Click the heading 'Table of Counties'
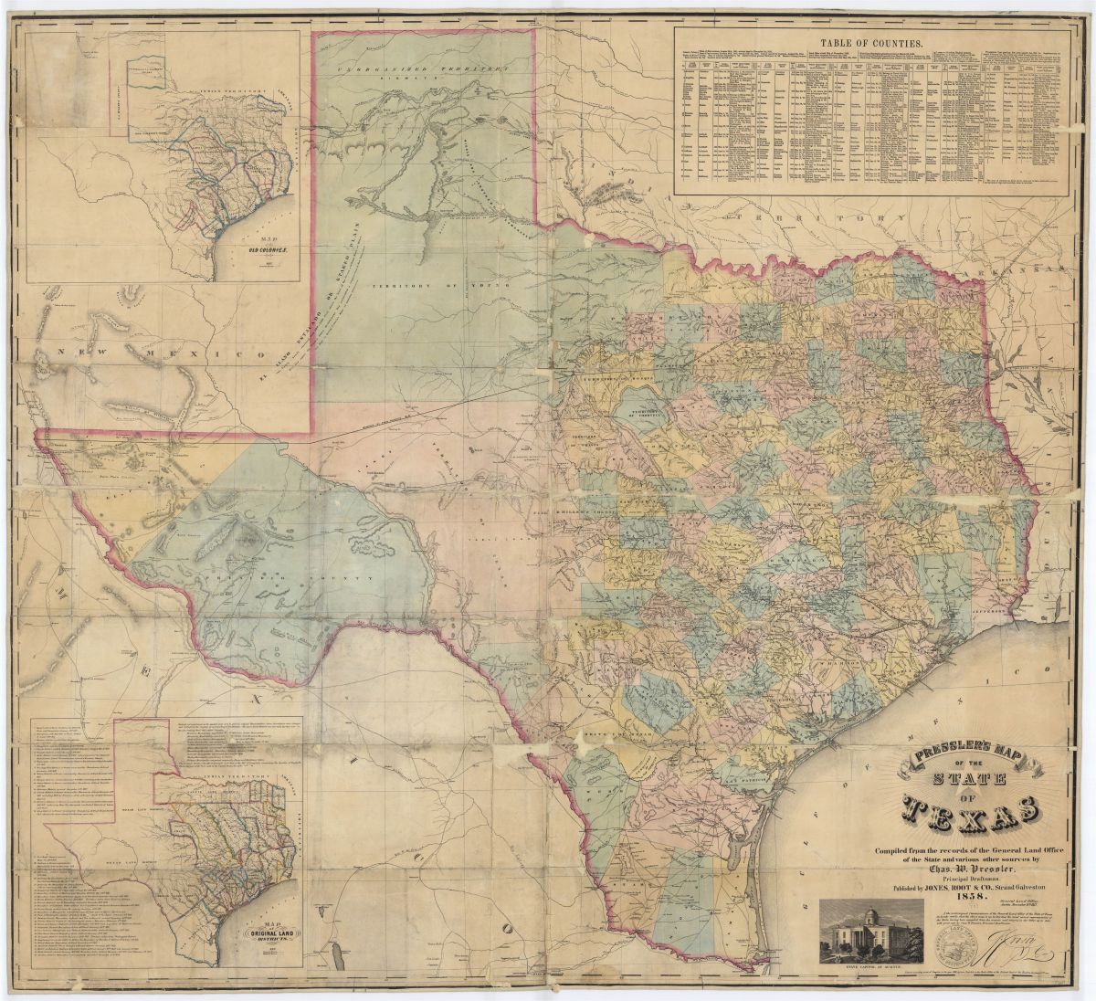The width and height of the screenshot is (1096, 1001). [x=871, y=43]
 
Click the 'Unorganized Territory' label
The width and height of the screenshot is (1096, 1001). [x=423, y=70]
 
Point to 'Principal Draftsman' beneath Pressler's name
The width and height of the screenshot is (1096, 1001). [x=971, y=878]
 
